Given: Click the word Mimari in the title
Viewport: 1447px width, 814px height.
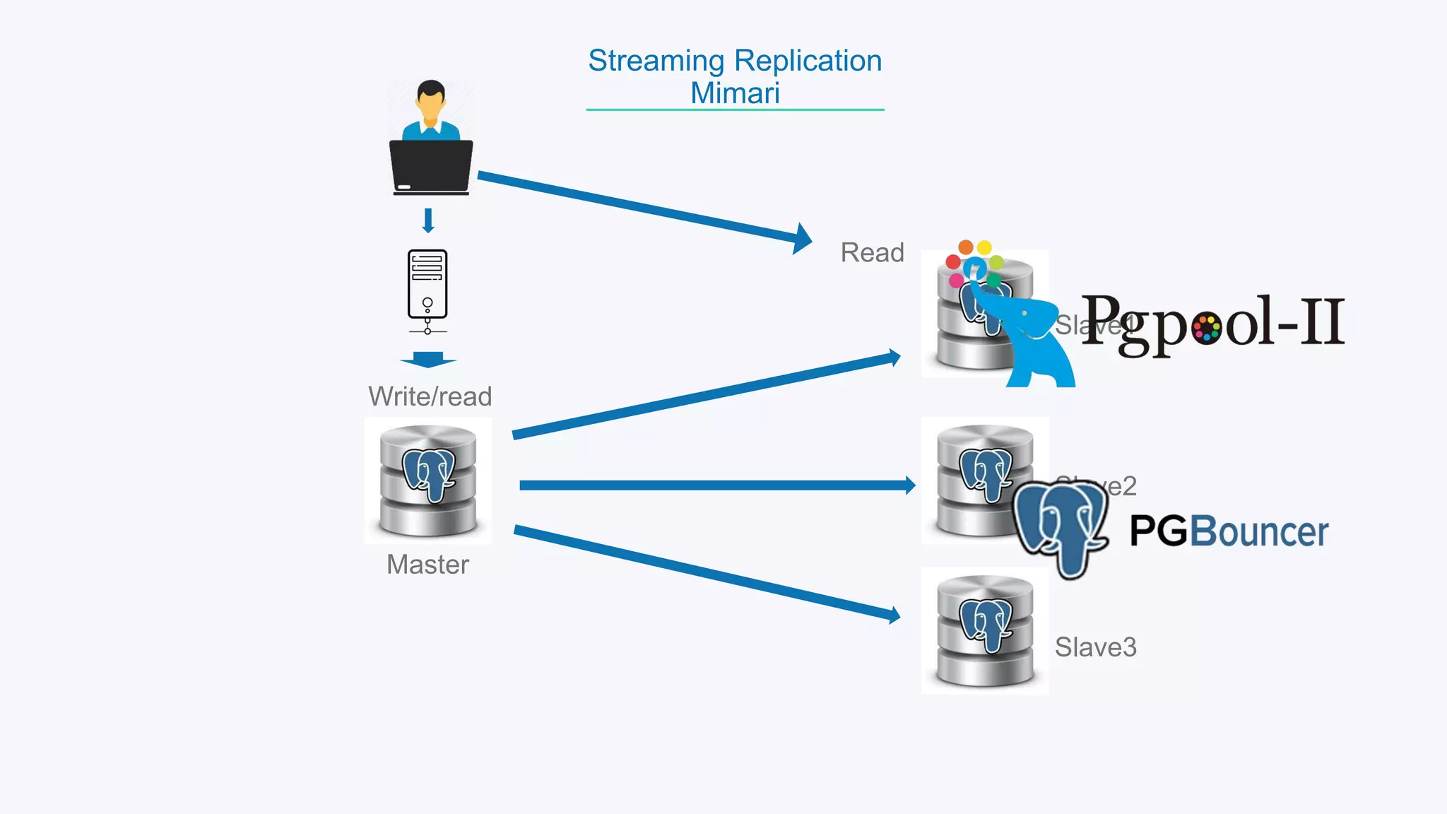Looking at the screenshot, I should pyautogui.click(x=735, y=93).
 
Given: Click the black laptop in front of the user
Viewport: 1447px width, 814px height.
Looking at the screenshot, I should pyautogui.click(x=431, y=166).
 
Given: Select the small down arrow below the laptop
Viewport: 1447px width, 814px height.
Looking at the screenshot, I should pyautogui.click(x=427, y=220).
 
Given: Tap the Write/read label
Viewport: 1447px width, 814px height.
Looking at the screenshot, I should pyautogui.click(x=430, y=396).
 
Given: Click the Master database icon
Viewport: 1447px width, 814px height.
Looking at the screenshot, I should pyautogui.click(x=428, y=480).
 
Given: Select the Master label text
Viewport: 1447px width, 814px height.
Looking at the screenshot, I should pyautogui.click(x=427, y=565).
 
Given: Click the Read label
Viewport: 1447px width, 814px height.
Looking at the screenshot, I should pyautogui.click(x=872, y=252).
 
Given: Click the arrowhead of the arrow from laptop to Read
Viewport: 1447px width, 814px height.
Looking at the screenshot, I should pyautogui.click(x=803, y=239).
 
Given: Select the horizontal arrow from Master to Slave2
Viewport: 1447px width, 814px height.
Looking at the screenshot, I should pyautogui.click(x=714, y=485).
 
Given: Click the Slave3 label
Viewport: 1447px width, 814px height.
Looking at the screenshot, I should pyautogui.click(x=1095, y=647).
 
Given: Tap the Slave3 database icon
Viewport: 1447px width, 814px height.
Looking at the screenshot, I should pyautogui.click(x=985, y=631).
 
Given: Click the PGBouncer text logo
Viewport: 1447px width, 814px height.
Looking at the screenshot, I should pyautogui.click(x=1229, y=531).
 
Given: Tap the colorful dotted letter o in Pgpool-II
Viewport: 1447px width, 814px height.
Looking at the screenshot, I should pyautogui.click(x=1205, y=328).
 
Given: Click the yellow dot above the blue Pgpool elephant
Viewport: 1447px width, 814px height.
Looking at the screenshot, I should pyautogui.click(x=984, y=247).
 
